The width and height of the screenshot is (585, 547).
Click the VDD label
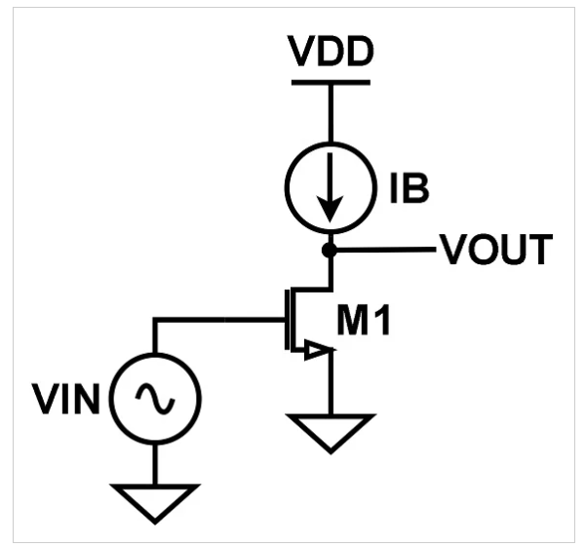[331, 50]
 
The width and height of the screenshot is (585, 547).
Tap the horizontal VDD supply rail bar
[331, 78]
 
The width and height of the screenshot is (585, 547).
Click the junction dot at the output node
[331, 251]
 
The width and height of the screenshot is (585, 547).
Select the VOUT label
[496, 252]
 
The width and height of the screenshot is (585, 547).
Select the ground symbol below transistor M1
[331, 430]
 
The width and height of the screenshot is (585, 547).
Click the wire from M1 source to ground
[331, 385]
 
